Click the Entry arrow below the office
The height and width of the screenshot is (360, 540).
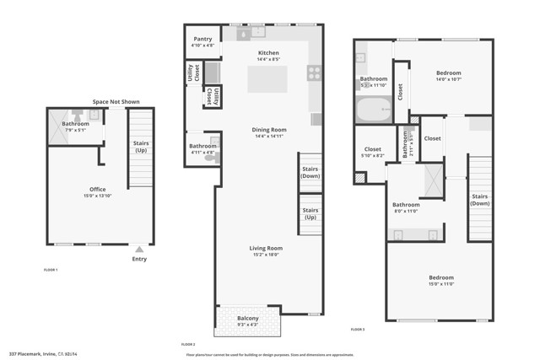point(139,250)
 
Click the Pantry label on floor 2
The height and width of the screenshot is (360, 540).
point(202,39)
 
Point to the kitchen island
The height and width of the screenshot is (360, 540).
point(267,79)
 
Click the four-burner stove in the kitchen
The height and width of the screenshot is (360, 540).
point(315,73)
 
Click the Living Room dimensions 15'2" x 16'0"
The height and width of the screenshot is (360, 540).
point(265,255)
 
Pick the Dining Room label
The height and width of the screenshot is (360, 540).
point(269,130)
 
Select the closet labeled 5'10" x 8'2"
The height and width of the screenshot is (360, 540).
point(372,153)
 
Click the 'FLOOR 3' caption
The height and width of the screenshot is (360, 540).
point(358,329)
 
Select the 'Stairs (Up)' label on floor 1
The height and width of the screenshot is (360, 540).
point(141,147)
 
